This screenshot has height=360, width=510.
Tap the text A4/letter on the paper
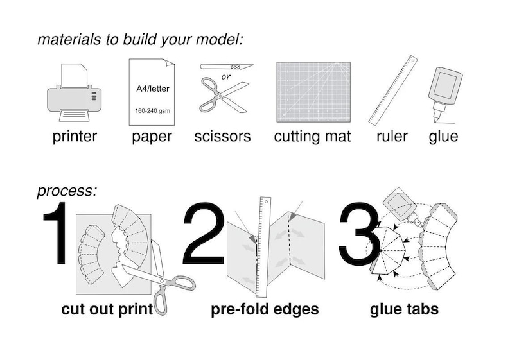[x=152, y=89]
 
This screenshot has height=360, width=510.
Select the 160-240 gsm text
[x=152, y=111]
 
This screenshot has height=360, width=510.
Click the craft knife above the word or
[x=226, y=67]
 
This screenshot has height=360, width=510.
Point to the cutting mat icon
[x=313, y=92]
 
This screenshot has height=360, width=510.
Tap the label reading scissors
[x=222, y=136]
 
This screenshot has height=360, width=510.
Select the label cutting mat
[x=312, y=137]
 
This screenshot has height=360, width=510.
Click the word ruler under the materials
[x=392, y=136]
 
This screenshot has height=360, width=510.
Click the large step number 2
[x=203, y=233]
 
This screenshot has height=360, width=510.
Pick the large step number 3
[x=359, y=234]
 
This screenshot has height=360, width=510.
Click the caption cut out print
[x=107, y=309]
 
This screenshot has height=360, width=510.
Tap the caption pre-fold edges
[x=265, y=309]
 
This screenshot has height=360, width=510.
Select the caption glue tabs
[x=404, y=309]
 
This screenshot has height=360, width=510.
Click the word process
[x=67, y=191]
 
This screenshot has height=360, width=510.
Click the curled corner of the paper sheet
[x=169, y=63]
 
